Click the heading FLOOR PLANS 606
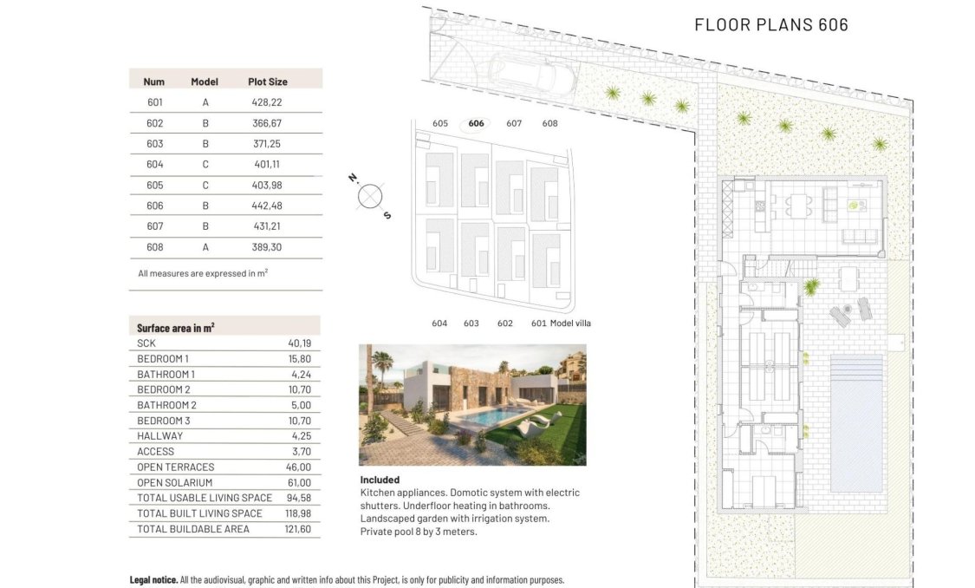770,24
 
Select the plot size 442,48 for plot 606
267,206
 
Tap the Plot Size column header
267,82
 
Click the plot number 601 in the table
154,102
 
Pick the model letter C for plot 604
205,164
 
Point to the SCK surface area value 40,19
299,343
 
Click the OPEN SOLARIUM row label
174,482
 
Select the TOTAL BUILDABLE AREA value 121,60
297,529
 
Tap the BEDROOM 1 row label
163,358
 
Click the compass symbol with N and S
370,196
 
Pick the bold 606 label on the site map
476,123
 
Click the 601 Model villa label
561,323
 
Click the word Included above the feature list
380,480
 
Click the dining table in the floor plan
800,206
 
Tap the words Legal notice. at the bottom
154,579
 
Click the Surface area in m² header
175,328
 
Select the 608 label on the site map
549,123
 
